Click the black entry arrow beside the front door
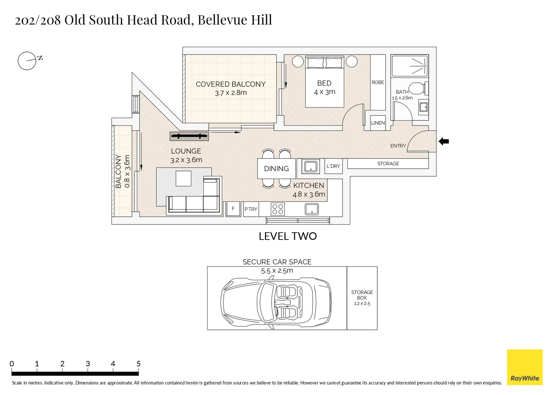[443, 142]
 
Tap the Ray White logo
[525, 367]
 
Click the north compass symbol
[27, 61]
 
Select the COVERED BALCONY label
[230, 84]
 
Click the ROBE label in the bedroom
[378, 83]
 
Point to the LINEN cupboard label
[378, 123]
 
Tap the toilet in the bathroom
[417, 89]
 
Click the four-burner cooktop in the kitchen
[277, 209]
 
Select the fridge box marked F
[233, 209]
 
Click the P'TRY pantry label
[251, 209]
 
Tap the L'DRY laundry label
[333, 166]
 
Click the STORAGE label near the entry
[388, 163]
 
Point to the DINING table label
[276, 169]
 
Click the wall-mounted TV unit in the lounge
[189, 136]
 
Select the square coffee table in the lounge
[183, 178]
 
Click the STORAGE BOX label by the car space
[362, 295]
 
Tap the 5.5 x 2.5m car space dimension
[277, 271]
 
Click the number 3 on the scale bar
[88, 364]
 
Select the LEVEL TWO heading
[288, 236]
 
